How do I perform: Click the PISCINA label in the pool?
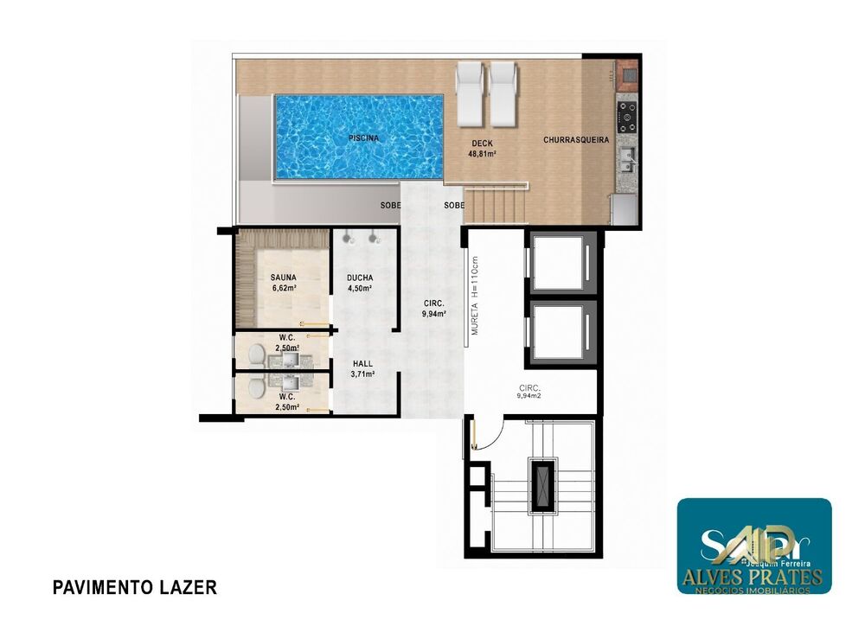[363, 138]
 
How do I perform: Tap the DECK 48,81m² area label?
[483, 149]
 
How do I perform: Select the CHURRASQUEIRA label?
[576, 139]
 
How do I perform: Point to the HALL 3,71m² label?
[362, 369]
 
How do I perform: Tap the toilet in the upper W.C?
[256, 354]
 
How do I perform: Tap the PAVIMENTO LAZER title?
[134, 588]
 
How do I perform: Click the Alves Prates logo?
[753, 546]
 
